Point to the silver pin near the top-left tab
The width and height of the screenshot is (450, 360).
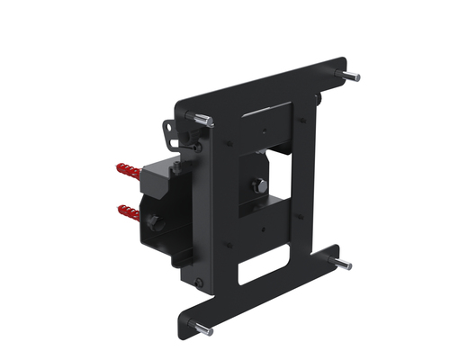(202, 118)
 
